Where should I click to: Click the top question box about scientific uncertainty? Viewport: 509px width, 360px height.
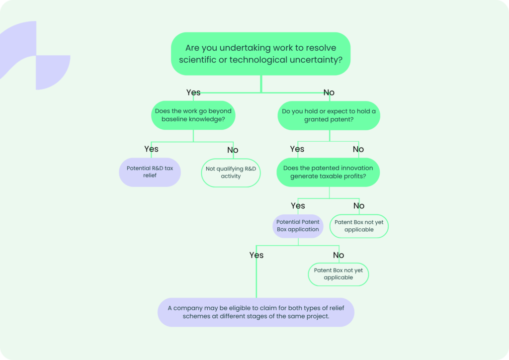(x=260, y=54)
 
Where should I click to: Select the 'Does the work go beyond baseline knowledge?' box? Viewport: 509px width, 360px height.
(x=193, y=115)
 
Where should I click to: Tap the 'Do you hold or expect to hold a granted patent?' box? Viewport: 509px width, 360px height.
(x=328, y=115)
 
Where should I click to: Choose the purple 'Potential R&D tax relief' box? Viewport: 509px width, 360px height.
(x=150, y=172)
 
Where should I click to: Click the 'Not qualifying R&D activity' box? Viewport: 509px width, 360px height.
(x=231, y=172)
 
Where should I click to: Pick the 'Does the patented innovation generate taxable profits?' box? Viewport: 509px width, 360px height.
(x=328, y=172)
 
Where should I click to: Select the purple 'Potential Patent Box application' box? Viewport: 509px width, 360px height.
(x=297, y=226)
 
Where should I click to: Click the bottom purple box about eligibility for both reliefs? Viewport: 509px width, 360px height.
(x=256, y=312)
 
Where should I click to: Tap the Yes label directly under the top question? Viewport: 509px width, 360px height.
(x=193, y=92)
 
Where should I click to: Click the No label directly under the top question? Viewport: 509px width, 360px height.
(x=329, y=92)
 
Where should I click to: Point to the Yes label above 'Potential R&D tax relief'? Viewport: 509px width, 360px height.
(x=151, y=149)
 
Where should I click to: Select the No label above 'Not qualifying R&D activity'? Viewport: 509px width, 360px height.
(x=233, y=150)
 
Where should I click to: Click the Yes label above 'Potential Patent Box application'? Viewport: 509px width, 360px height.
(x=298, y=205)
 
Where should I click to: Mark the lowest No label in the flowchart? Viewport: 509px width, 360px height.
(x=339, y=255)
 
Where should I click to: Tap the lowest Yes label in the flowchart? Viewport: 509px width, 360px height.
(x=256, y=255)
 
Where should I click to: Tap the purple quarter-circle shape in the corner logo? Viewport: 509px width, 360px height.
(x=52, y=72)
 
